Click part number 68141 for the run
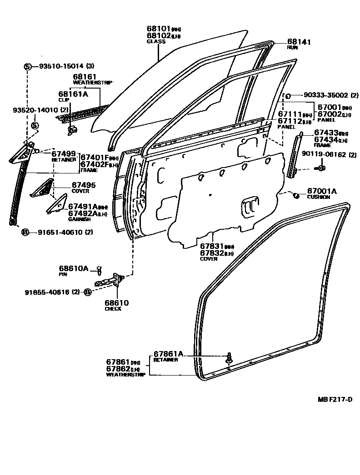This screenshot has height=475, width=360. point(299,41)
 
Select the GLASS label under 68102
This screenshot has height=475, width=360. point(156,41)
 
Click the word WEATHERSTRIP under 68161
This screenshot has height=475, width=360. point(92,82)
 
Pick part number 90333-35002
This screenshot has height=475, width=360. point(320,95)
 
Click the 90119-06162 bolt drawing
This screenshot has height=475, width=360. point(320,168)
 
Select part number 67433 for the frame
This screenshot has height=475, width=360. point(325,133)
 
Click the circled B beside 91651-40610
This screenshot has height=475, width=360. point(26,232)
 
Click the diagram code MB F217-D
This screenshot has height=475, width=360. point(335,399)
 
